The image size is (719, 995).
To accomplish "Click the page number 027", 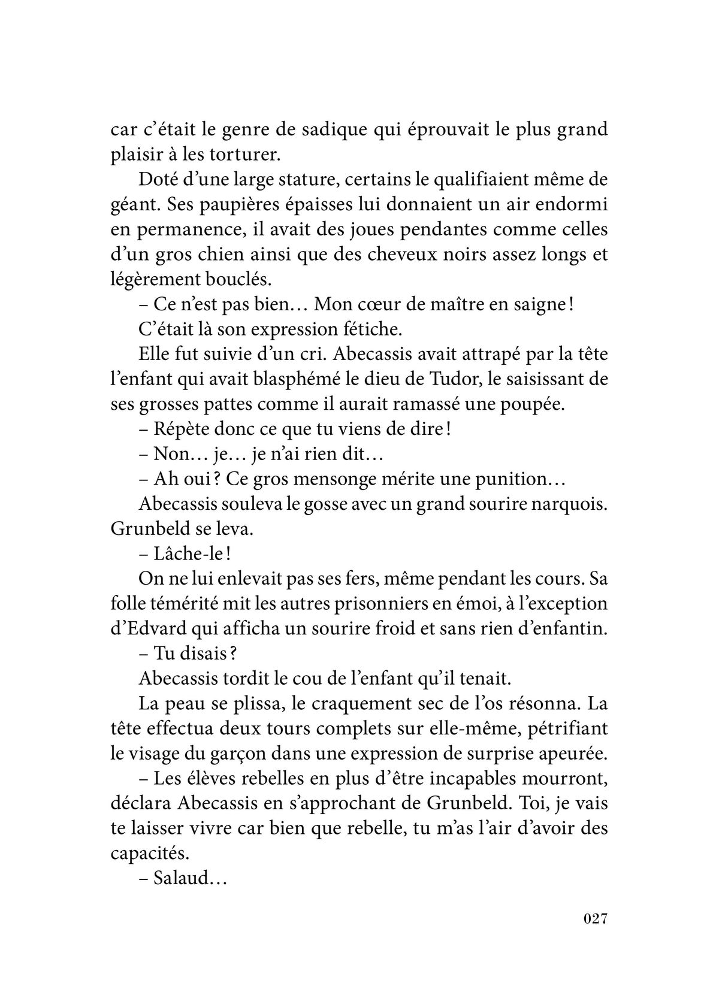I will [x=596, y=935].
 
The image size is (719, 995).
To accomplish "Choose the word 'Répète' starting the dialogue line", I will [x=179, y=430].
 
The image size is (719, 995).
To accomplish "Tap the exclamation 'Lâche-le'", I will [x=188, y=555].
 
